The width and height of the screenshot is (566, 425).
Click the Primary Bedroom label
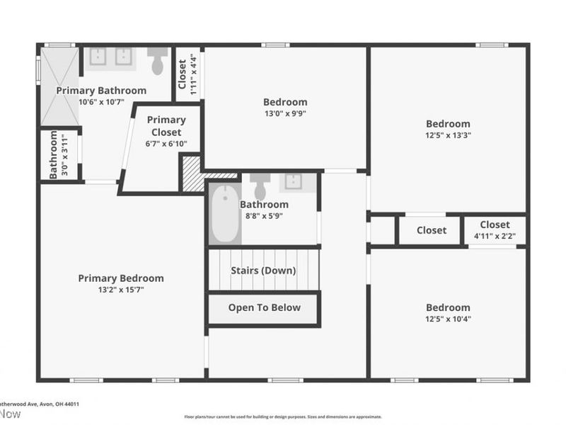point(121,278)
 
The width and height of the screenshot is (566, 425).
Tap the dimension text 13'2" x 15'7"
point(121,290)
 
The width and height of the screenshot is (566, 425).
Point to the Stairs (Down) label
point(263,271)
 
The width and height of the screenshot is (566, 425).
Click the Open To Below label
point(264,307)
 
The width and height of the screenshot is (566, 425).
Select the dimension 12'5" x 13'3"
point(448,135)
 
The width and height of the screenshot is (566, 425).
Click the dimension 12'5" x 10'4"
point(448,319)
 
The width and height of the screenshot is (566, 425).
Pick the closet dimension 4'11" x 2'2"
point(495,237)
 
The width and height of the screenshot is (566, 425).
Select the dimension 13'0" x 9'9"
point(285,113)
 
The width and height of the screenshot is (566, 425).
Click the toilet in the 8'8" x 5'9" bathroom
point(260,186)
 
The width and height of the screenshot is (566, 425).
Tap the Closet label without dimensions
point(431,230)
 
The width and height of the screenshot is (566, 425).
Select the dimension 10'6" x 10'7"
point(101,102)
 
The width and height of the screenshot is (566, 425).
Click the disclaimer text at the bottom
point(283,417)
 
